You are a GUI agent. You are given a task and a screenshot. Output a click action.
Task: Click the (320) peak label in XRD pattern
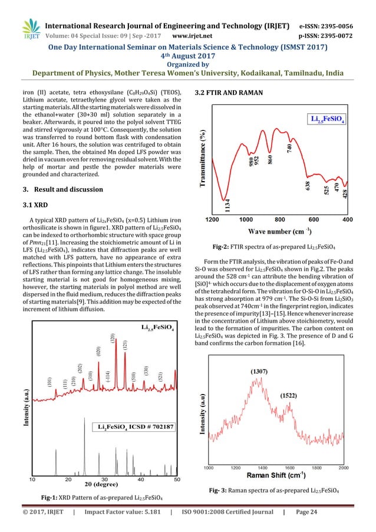[113, 341]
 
